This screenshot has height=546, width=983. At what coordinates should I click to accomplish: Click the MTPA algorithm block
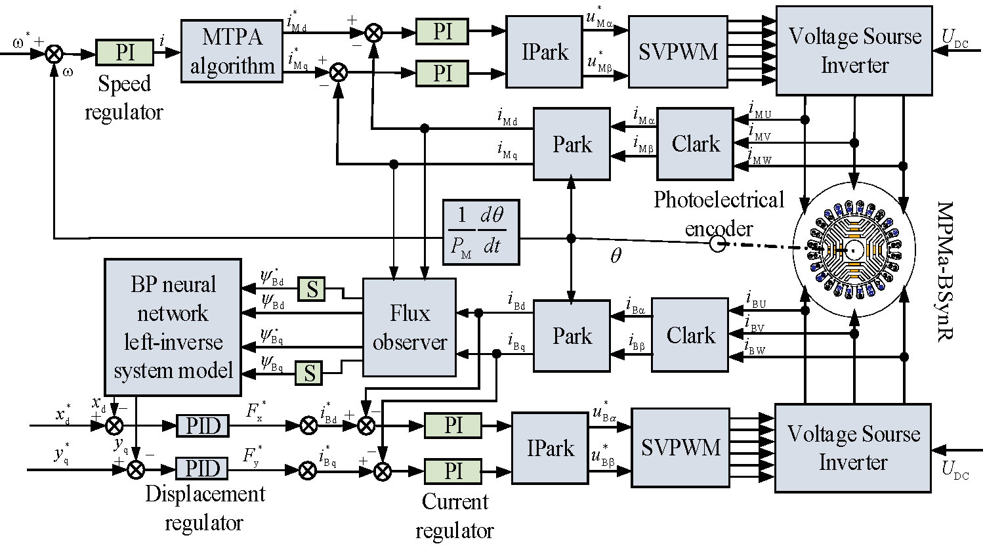(232, 51)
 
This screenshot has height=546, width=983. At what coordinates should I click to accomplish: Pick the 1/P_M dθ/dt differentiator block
(481, 231)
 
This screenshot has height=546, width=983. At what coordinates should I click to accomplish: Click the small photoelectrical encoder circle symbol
(717, 245)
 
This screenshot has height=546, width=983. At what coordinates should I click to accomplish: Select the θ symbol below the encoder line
(615, 256)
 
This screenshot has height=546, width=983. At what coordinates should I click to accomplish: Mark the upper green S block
(312, 289)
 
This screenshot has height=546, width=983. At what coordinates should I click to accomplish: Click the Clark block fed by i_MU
(696, 144)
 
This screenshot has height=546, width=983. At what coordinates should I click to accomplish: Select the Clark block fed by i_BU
(690, 335)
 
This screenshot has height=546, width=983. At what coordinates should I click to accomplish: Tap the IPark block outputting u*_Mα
(545, 52)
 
